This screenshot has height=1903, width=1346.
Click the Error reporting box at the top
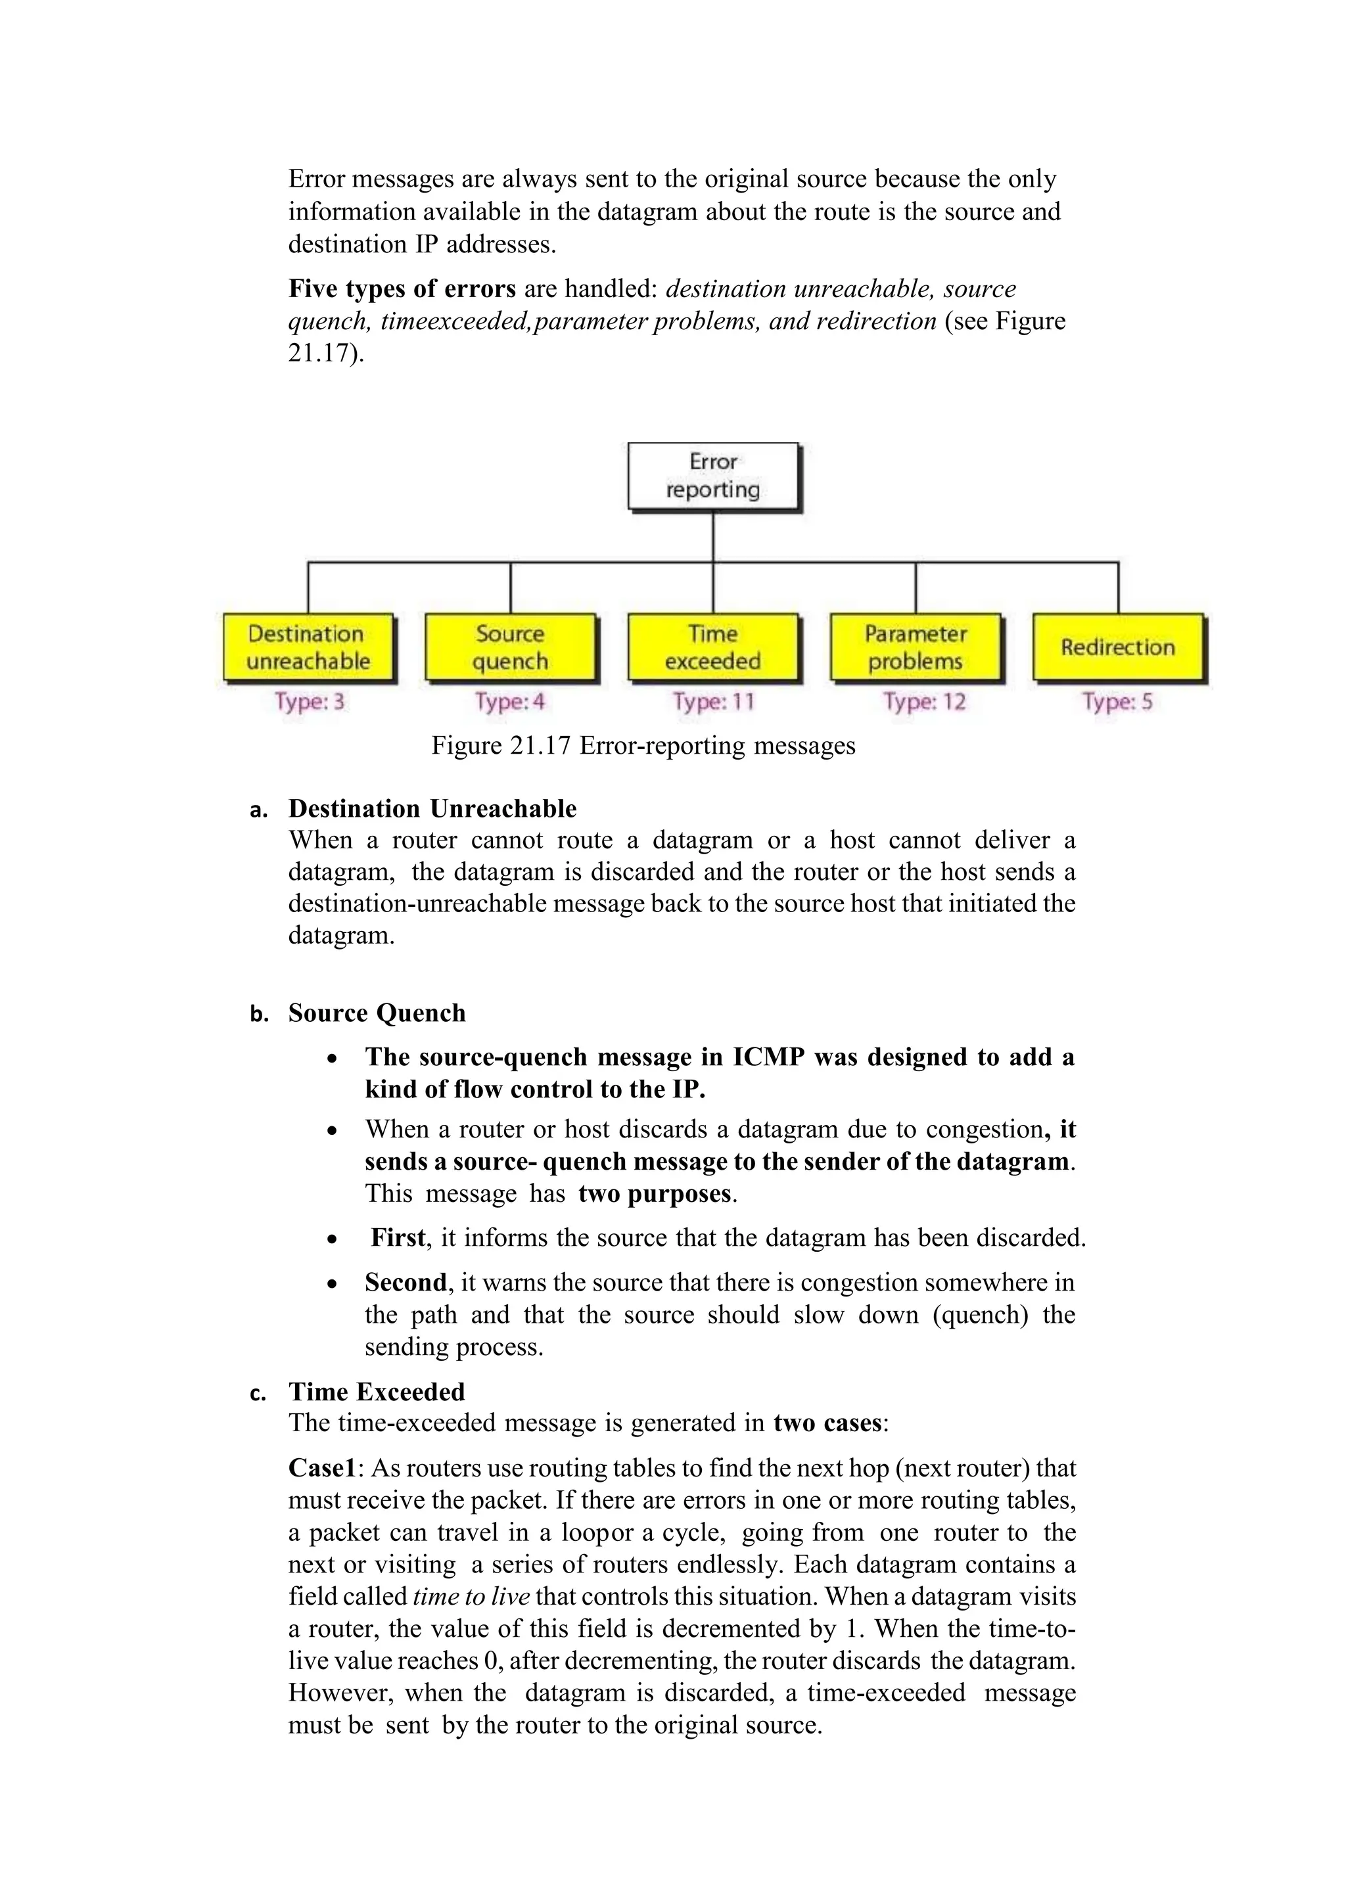pos(714,476)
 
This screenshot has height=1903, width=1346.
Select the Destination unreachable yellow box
pos(308,647)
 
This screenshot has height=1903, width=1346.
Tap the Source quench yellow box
pos(511,647)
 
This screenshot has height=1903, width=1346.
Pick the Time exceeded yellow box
pos(713,647)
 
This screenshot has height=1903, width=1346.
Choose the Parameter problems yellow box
pos(915,647)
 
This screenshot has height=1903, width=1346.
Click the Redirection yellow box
pos(1117,647)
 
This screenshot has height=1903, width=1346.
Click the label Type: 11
pos(714,702)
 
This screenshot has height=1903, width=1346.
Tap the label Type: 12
pos(924,702)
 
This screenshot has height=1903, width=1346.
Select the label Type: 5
pos(1117,702)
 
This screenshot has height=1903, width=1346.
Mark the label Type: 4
pos(511,702)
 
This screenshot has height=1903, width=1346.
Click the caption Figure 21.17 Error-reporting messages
pos(643,746)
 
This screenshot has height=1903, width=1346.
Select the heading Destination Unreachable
pos(432,808)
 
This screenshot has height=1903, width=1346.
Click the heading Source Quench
pos(377,1013)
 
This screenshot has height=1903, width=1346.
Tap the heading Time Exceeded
pos(377,1392)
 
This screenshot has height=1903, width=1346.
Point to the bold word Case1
pos(321,1469)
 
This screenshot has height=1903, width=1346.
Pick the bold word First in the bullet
pos(398,1238)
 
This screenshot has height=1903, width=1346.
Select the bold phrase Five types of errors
pos(402,289)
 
